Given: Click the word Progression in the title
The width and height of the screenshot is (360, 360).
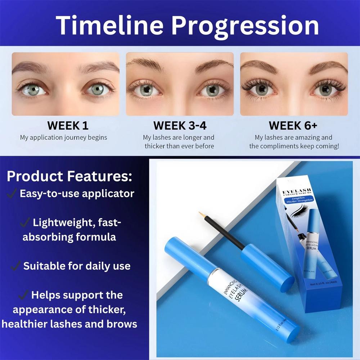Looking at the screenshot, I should pos(245,26).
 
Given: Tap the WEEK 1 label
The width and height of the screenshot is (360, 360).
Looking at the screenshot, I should pos(68,126).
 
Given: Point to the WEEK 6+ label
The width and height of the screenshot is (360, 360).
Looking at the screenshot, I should pos(293,126).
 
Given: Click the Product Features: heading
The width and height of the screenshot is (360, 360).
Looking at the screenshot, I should pos(69,176).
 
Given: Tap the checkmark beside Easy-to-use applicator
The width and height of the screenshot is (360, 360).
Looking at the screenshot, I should pos(12,193).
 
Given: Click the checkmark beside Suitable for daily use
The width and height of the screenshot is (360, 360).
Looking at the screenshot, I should pos(15,266).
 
